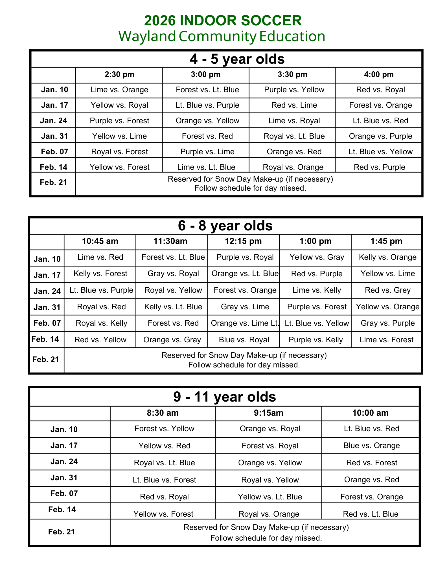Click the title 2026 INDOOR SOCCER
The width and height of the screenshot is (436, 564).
tap(223, 21)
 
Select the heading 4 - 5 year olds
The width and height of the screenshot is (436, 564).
tap(237, 59)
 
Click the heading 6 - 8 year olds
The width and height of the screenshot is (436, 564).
tap(225, 226)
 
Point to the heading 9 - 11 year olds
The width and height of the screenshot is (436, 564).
tap(224, 397)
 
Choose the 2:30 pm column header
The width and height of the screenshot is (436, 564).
tap(119, 75)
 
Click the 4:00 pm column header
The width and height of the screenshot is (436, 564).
tap(379, 75)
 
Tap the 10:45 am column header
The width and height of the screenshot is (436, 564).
tap(100, 241)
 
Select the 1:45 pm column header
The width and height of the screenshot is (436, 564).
tap(386, 241)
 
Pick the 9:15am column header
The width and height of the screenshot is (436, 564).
tap(268, 413)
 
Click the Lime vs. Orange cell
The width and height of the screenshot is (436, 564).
tap(119, 90)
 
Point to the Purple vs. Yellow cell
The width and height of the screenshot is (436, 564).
tap(294, 90)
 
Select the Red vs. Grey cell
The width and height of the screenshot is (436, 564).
tap(387, 290)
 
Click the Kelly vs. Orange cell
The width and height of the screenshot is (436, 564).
tap(387, 257)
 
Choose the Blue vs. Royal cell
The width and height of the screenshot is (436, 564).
tap(244, 340)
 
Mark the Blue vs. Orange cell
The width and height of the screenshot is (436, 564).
tap(371, 446)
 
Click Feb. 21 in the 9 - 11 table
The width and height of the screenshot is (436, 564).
tap(62, 532)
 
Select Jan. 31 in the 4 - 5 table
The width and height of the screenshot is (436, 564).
tap(54, 136)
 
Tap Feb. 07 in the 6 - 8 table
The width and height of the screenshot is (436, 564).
tap(47, 323)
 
